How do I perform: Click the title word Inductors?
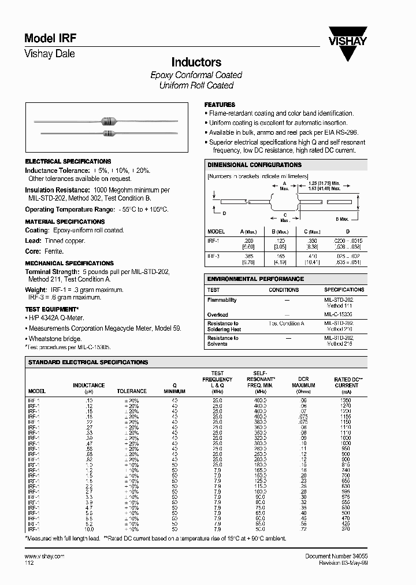(196, 62)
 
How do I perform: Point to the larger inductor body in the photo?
(108, 121)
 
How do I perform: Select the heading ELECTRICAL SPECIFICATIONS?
(68, 161)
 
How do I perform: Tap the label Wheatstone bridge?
(55, 339)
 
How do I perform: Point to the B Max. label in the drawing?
(343, 220)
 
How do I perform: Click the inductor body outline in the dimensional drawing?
(285, 202)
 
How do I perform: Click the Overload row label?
(218, 315)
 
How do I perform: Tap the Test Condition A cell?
(287, 324)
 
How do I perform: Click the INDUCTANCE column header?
(88, 385)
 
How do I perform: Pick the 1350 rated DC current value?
(346, 399)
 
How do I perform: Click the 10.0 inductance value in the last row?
(88, 528)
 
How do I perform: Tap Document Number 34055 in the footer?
(336, 556)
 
